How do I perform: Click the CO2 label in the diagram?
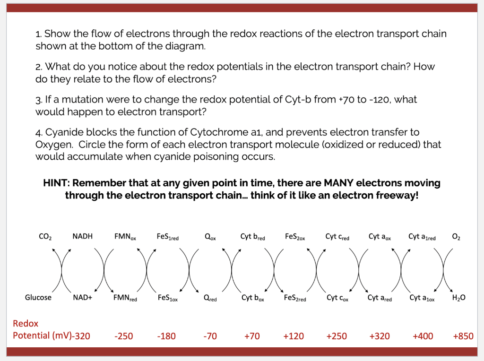(45, 236)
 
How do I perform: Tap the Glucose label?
(38, 297)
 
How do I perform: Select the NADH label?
(83, 236)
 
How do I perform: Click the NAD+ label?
(83, 298)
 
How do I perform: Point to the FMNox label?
(125, 236)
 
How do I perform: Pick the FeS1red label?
(167, 237)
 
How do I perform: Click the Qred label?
(210, 298)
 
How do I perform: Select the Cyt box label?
(253, 298)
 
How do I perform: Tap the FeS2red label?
(295, 298)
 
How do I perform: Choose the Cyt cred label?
(337, 236)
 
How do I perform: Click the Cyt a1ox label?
(423, 298)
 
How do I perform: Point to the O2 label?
(456, 236)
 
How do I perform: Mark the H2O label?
(458, 298)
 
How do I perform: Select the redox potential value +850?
(463, 336)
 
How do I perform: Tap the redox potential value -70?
(210, 336)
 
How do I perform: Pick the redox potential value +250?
(336, 336)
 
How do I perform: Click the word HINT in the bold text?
(56, 183)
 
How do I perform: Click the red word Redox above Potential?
(26, 324)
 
